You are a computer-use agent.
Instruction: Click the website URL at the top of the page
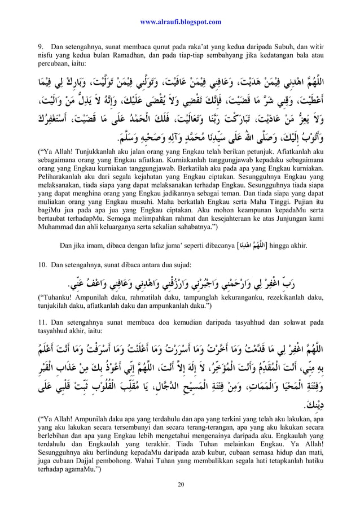[180, 22]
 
